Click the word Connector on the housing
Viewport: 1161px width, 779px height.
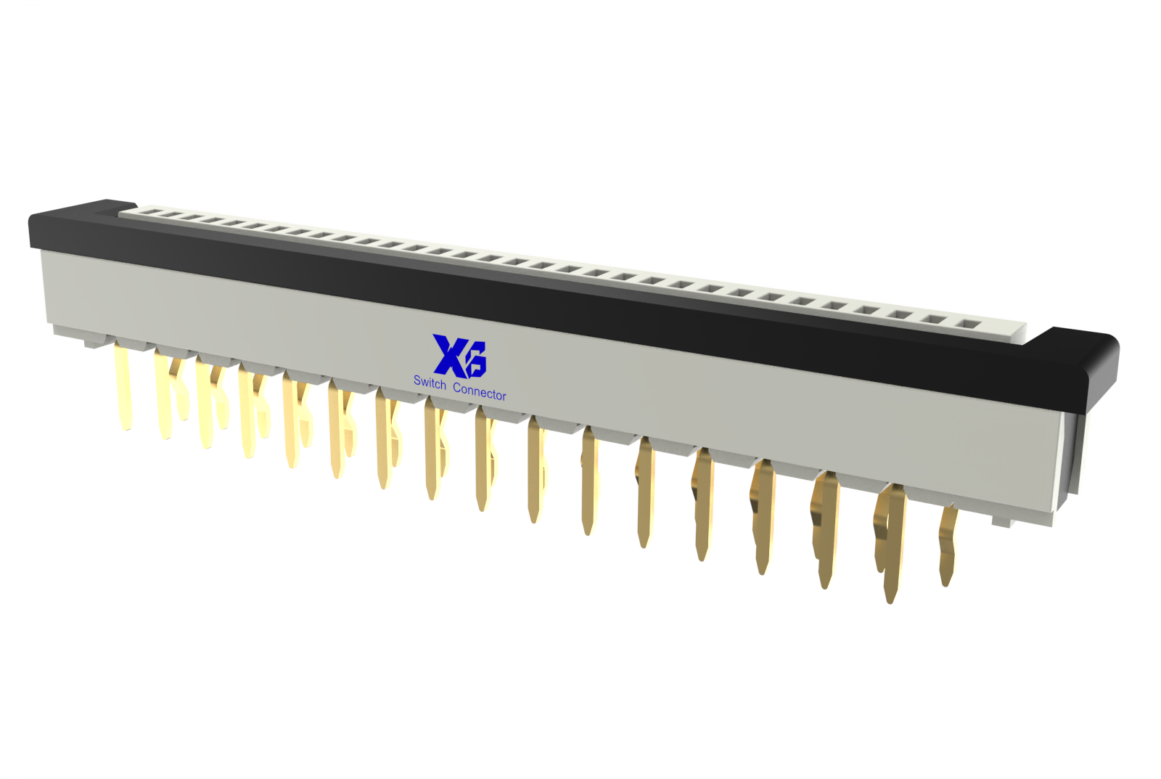click(x=480, y=391)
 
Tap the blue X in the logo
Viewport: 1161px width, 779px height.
click(x=449, y=356)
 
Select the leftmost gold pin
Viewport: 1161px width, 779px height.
click(x=124, y=386)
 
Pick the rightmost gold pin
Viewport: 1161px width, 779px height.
click(x=948, y=545)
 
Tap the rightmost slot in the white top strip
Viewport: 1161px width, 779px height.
click(x=967, y=325)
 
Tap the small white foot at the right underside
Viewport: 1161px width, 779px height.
click(x=1001, y=522)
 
